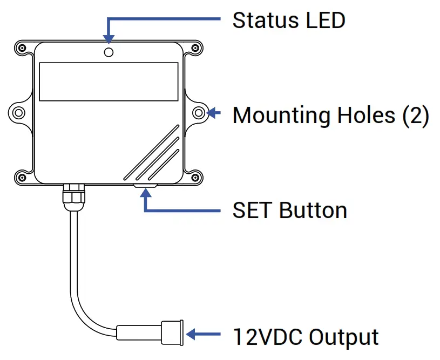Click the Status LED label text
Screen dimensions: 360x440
coord(288,21)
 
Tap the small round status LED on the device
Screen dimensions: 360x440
coord(109,52)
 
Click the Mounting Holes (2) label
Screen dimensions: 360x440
coord(330,115)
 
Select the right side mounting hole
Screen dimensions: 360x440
coord(199,113)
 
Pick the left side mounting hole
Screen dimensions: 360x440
coord(19,113)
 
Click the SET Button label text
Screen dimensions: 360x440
coord(289,210)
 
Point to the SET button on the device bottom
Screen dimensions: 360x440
coord(145,185)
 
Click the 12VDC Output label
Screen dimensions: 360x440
coord(306,336)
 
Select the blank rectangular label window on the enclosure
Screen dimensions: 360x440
coord(109,81)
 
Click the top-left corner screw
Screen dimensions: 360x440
coord(21,47)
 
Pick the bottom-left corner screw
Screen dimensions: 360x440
coord(21,176)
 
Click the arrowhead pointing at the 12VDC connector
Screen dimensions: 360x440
coord(191,335)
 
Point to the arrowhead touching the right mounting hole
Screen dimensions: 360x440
coord(211,113)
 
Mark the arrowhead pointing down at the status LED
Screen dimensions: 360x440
coord(109,39)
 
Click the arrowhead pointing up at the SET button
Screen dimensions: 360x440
coord(145,194)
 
